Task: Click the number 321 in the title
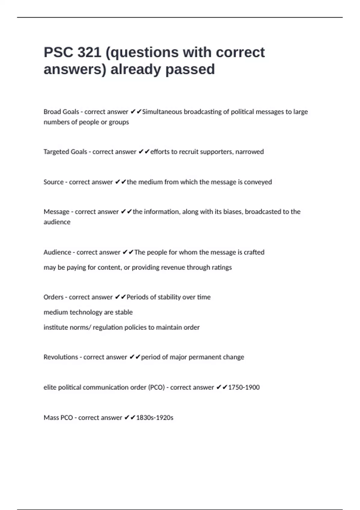coord(89,52)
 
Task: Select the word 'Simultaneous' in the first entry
coord(162,112)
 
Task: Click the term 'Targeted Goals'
coord(65,152)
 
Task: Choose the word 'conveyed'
coord(258,182)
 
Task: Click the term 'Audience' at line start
coord(57,252)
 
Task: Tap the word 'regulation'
coord(108,327)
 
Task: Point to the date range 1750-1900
coord(244,387)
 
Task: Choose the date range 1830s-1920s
coord(154,418)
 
